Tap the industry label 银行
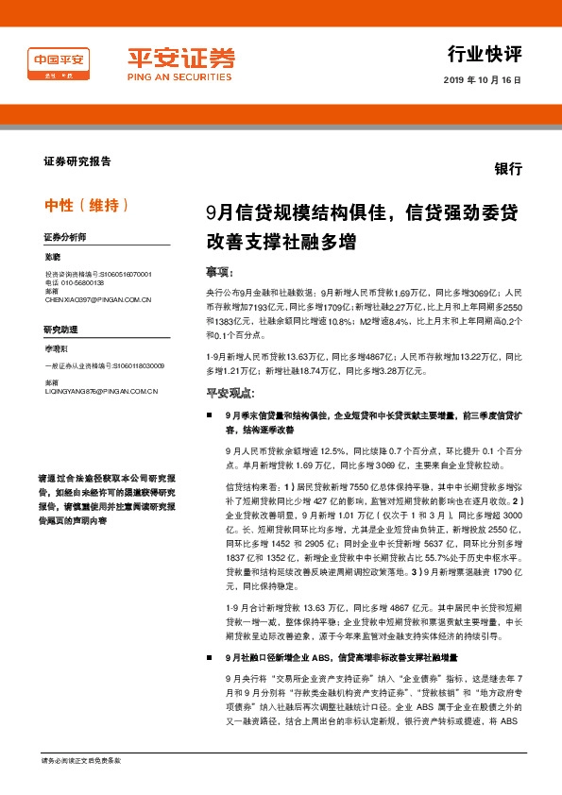point(508,168)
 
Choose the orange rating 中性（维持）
point(86,205)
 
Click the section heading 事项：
point(220,271)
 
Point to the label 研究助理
point(60,329)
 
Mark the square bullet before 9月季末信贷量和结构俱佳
point(209,414)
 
